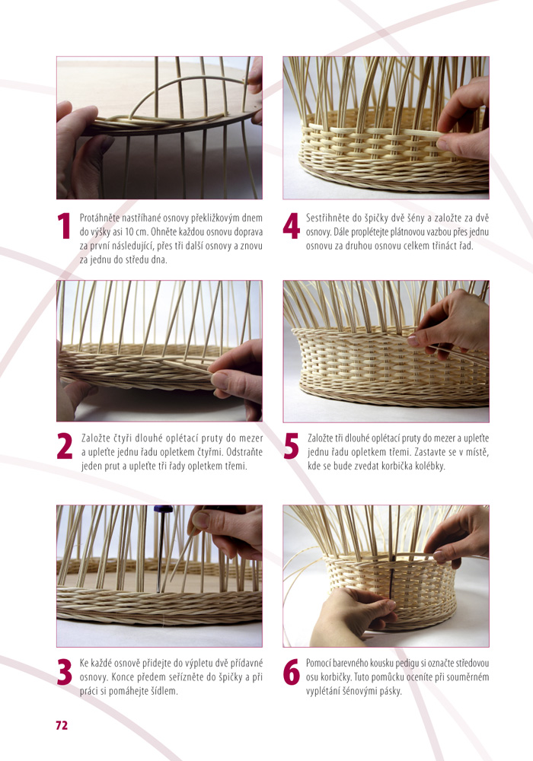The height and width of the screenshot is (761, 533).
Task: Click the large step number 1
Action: coord(64,226)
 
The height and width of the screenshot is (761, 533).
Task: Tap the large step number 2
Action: coord(65,446)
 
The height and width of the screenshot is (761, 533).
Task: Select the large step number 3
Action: coord(65,672)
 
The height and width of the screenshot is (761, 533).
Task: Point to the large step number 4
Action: coord(292,226)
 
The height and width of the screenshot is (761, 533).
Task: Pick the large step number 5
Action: coord(292,447)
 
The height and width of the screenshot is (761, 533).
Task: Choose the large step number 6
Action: coord(292,672)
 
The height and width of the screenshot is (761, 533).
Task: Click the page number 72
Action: coord(62,725)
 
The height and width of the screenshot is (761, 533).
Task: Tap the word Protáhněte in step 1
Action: coord(101,218)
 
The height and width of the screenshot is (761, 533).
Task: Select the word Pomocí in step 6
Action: coord(318,663)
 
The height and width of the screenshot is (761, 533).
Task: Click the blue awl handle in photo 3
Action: coord(163,509)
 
